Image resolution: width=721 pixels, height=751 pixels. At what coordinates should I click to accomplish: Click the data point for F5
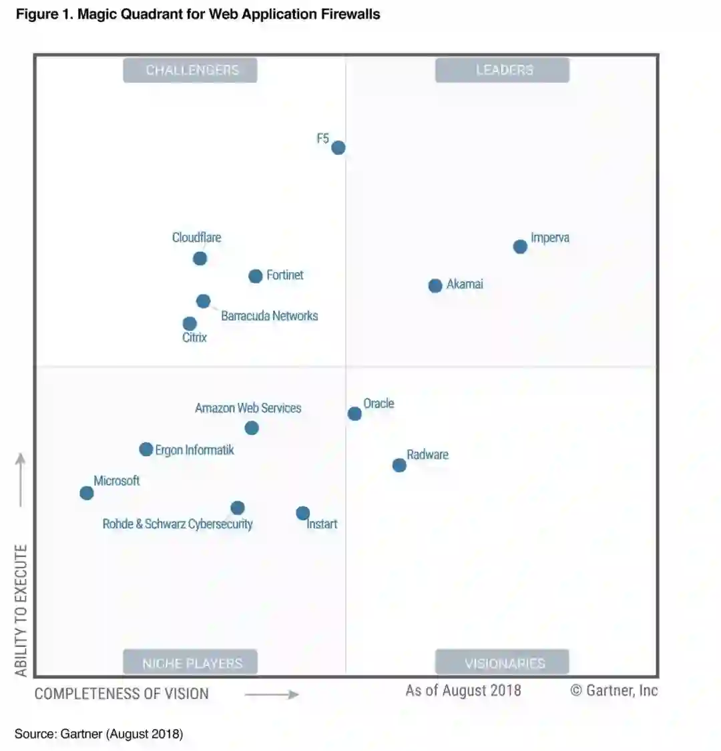click(x=338, y=147)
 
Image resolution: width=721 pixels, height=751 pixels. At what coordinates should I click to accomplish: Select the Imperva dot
click(x=520, y=247)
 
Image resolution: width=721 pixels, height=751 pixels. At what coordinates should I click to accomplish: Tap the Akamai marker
click(x=435, y=285)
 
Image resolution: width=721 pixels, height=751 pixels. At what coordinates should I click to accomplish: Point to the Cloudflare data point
click(x=200, y=258)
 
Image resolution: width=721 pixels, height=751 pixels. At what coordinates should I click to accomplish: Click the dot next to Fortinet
click(x=256, y=276)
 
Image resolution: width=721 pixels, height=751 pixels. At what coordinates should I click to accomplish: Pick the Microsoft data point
click(x=87, y=493)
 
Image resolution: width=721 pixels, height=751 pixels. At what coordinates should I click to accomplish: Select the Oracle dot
click(x=354, y=414)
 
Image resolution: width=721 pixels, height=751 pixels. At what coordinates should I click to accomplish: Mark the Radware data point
click(x=399, y=465)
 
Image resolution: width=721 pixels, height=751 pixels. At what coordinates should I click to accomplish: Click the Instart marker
click(x=303, y=513)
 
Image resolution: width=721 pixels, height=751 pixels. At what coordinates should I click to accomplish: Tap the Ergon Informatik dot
click(x=146, y=450)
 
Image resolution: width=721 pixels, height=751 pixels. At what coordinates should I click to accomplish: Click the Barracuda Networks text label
click(x=269, y=316)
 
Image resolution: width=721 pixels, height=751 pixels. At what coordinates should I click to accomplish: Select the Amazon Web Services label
click(x=248, y=408)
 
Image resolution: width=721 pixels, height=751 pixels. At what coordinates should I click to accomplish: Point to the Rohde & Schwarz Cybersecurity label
click(x=178, y=524)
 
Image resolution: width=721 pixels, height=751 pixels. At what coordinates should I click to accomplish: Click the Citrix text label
click(x=194, y=337)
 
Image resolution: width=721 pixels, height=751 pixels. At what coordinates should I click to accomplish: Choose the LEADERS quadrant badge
click(x=502, y=70)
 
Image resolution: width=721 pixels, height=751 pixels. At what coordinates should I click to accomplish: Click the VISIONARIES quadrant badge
click(x=502, y=663)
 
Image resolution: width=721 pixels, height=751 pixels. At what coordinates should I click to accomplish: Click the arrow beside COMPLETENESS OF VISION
click(x=272, y=695)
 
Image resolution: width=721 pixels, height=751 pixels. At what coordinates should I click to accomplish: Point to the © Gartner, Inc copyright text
click(x=614, y=691)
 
